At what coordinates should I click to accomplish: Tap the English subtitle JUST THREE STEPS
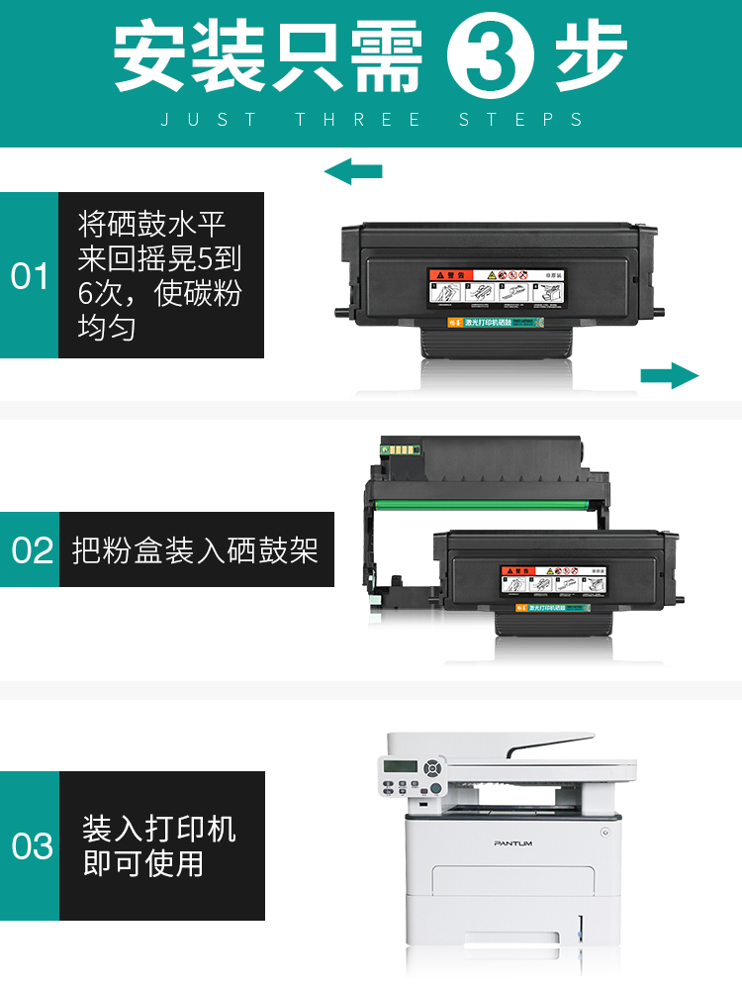372,120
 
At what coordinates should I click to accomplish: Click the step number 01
30,276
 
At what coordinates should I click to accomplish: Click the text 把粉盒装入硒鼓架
196,549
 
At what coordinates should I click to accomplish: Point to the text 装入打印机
159,829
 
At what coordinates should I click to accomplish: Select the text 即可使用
143,863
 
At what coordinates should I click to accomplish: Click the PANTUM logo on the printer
513,842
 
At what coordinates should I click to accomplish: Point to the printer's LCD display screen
398,769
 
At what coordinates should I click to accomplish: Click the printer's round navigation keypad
431,767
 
